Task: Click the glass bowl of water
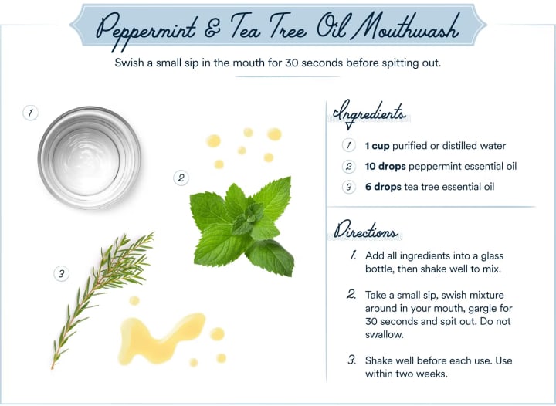click(89, 157)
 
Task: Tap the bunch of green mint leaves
click(243, 227)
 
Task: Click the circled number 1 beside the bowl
click(30, 113)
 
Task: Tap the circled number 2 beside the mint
click(181, 178)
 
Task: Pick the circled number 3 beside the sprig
click(61, 274)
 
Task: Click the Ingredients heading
click(369, 113)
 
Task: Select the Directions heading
click(365, 230)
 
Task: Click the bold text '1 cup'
click(378, 146)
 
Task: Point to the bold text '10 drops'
click(385, 167)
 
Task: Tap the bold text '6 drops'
click(383, 187)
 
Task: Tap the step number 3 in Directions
click(352, 360)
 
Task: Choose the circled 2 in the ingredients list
click(349, 167)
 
